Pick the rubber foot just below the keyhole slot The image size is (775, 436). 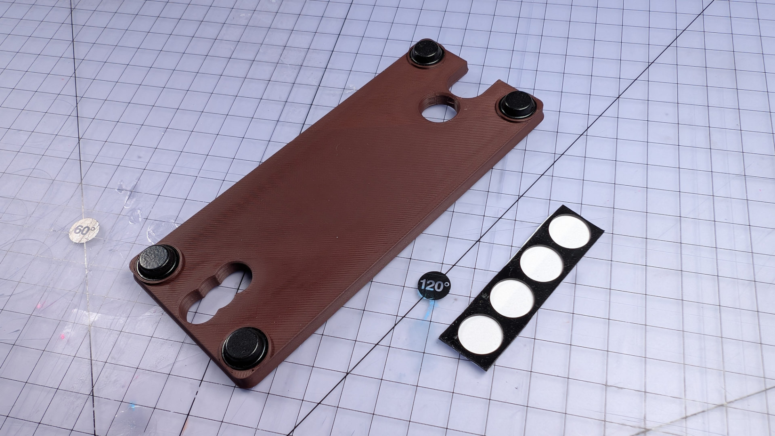[x=245, y=348]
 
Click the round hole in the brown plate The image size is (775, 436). [x=440, y=107]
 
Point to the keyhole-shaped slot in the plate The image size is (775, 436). [x=216, y=293]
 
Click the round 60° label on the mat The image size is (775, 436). [x=84, y=231]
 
